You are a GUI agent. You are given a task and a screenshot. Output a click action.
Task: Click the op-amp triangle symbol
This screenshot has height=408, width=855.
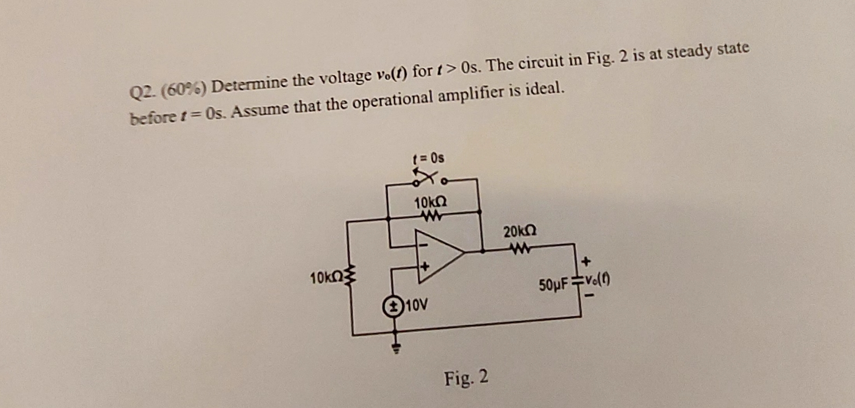coord(439,256)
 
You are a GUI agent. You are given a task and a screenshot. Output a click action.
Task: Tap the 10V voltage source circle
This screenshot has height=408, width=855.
coord(393,306)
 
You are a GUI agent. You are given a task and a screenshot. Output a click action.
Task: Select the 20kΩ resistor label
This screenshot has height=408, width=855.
coord(520,232)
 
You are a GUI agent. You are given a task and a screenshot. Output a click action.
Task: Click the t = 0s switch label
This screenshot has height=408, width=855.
coord(428,158)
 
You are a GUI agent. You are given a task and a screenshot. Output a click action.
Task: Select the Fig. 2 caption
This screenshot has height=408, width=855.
coord(466,378)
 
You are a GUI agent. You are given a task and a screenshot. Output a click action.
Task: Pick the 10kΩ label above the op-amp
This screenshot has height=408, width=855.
coord(430,203)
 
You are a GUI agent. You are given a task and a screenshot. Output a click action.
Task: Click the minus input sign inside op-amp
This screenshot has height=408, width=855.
coord(424,245)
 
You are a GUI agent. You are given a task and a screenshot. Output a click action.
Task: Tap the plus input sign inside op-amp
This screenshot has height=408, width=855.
coord(424,266)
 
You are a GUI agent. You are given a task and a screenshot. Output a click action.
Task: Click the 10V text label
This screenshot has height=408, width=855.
coord(416,305)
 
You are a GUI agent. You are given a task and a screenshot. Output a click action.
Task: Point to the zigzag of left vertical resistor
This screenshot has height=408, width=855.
coord(352,277)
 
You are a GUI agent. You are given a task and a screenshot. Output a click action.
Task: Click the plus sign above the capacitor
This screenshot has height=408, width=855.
coord(586,261)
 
